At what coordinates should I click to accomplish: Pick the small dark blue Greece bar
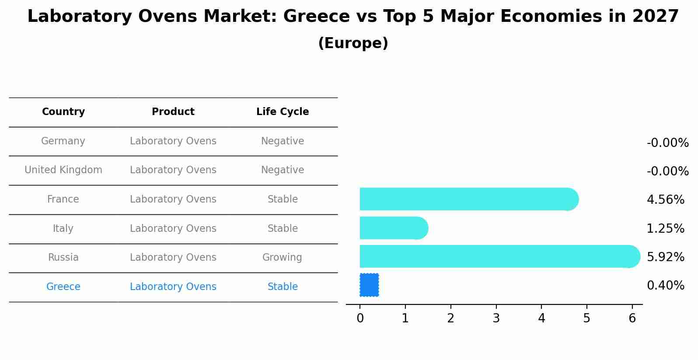point(369,285)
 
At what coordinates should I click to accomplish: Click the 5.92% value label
point(665,257)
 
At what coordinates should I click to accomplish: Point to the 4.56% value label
point(665,200)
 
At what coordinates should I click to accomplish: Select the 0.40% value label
point(665,286)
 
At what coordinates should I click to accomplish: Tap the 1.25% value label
point(665,228)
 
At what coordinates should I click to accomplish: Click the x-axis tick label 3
point(496,318)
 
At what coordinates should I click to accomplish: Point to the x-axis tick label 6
point(632,318)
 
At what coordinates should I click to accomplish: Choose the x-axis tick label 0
point(360,318)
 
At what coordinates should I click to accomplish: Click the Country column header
point(63,112)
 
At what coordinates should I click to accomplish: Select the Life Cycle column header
point(283,112)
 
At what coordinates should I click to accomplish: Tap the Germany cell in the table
point(63,141)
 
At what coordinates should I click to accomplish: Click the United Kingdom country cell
point(63,170)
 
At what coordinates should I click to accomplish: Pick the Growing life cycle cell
point(282,258)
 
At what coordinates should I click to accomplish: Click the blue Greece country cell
point(63,287)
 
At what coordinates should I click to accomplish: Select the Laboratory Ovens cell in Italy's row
point(173,228)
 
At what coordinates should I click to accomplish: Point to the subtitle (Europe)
point(353,43)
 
